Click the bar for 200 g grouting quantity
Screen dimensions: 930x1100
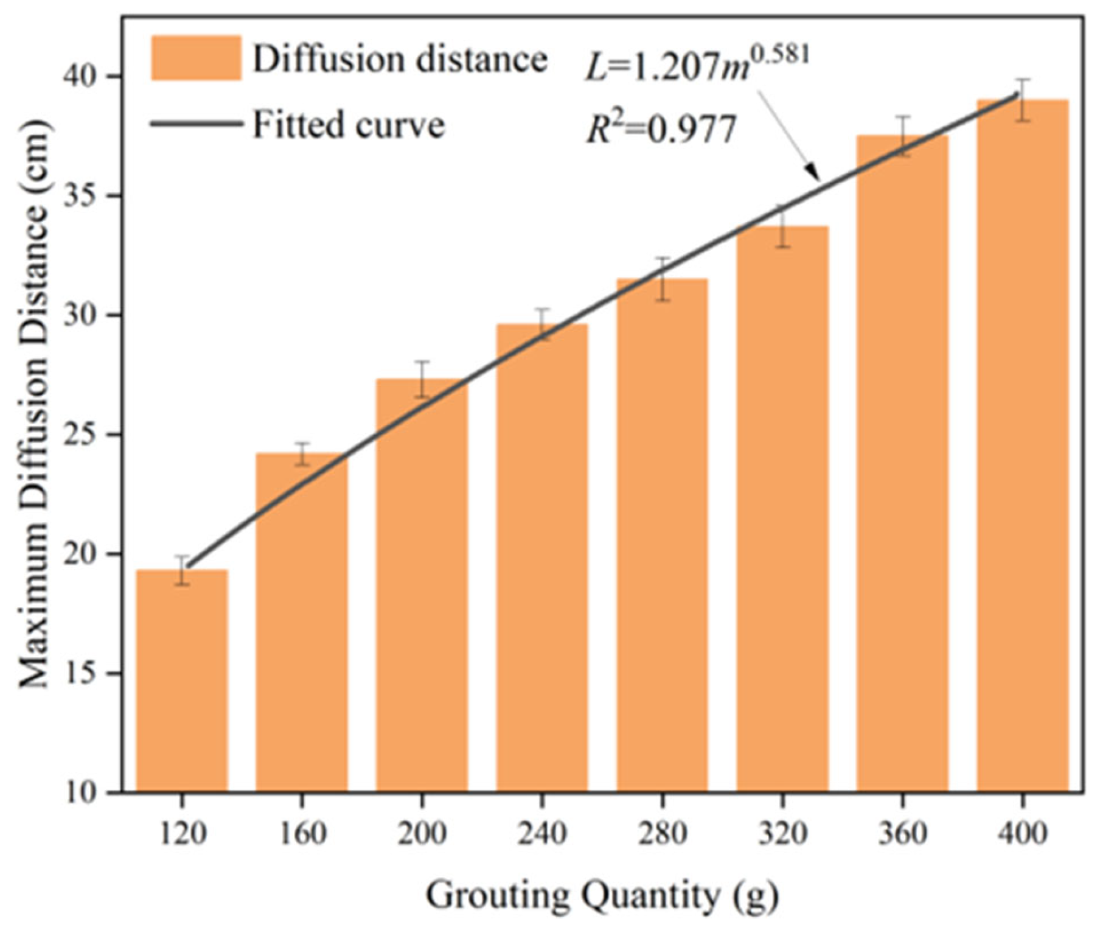point(422,584)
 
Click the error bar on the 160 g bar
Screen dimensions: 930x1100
point(302,454)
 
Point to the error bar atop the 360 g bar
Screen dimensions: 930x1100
point(903,136)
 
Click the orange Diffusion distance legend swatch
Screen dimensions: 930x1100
point(196,58)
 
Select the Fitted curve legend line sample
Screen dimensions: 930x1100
point(196,124)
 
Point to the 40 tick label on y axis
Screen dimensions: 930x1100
point(91,77)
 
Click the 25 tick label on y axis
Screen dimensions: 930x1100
point(91,435)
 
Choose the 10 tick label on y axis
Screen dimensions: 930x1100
point(91,792)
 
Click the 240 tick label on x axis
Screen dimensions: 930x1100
point(541,833)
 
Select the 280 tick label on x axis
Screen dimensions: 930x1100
point(662,833)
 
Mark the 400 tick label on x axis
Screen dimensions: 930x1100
point(1023,833)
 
